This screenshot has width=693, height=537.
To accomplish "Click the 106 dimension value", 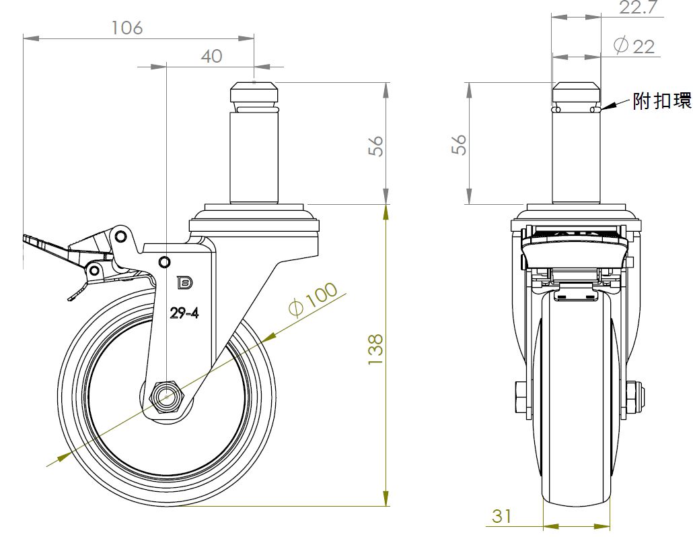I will (x=127, y=28).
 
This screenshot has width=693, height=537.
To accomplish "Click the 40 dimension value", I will (x=211, y=57).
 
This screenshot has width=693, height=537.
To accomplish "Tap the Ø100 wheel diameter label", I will (x=313, y=300).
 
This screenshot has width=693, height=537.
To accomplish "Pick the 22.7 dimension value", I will (x=637, y=8).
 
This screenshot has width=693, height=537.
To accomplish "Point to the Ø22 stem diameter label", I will (x=634, y=46).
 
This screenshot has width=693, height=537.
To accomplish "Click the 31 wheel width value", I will (x=502, y=516).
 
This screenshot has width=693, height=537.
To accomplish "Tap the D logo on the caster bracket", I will (x=184, y=283).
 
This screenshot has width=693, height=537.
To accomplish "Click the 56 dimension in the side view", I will (x=377, y=146).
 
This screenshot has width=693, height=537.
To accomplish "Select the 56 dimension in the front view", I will (x=460, y=145).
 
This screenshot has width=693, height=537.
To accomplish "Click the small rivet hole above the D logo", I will (x=164, y=261).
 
